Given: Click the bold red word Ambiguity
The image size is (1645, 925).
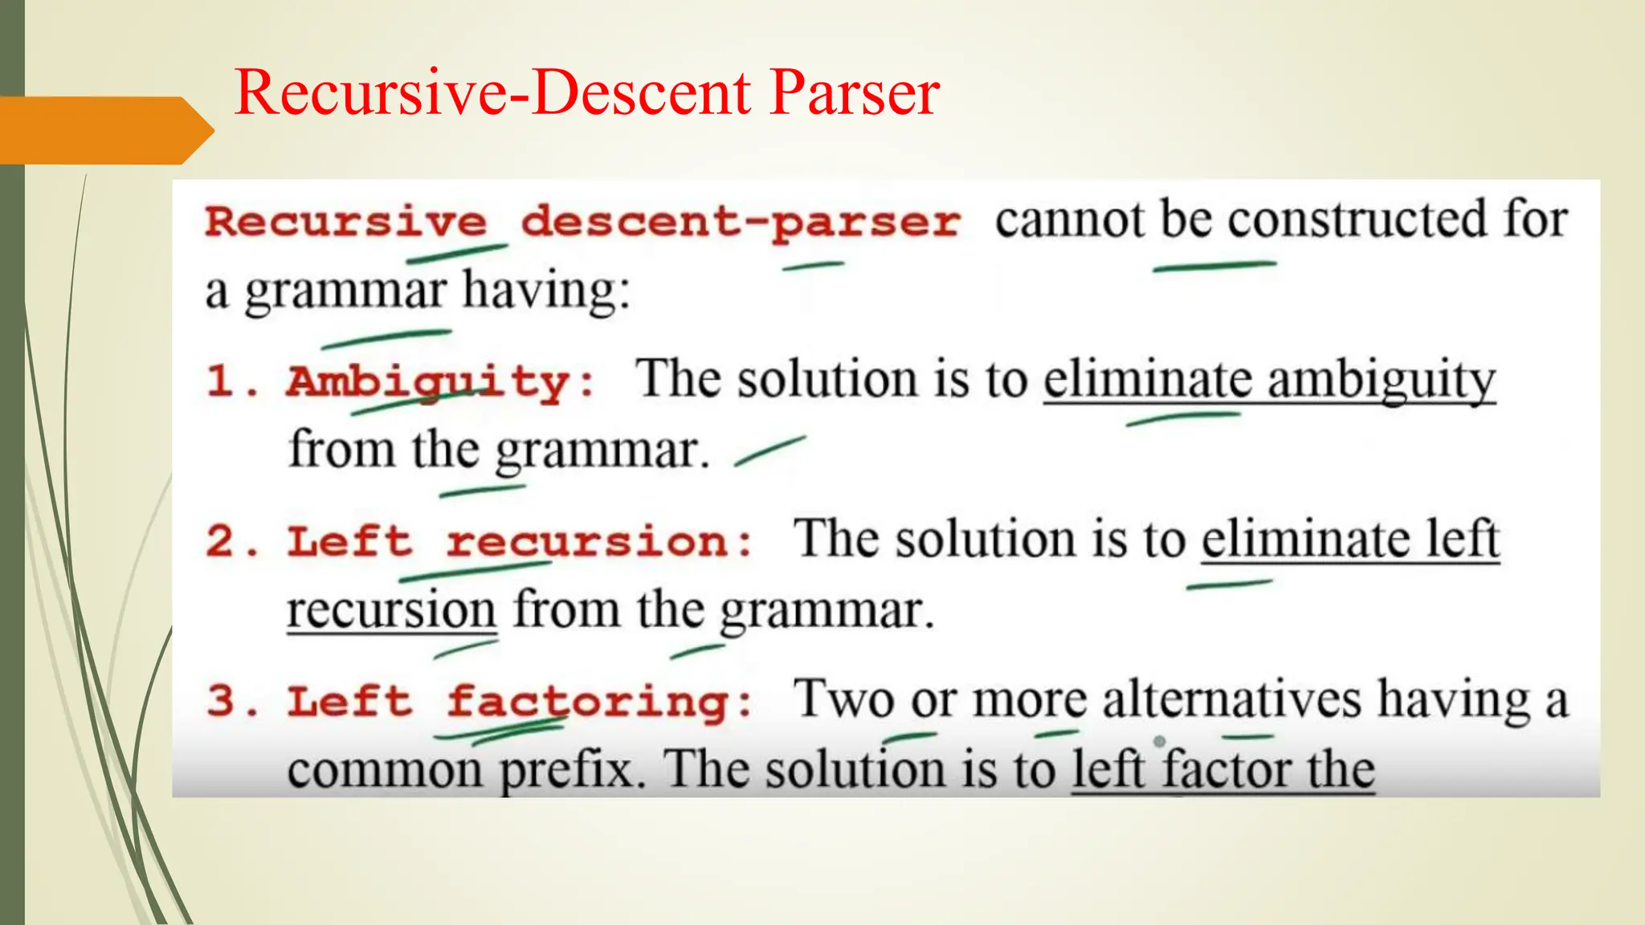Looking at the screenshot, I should click(428, 381).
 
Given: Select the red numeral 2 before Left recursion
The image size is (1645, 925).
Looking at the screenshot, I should click(220, 541).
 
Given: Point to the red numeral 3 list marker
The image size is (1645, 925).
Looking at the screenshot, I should click(220, 701).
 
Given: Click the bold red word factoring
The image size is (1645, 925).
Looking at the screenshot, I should click(587, 701).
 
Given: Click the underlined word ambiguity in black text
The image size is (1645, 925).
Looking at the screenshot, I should click(1382, 380).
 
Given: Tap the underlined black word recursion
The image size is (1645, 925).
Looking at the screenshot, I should click(391, 610).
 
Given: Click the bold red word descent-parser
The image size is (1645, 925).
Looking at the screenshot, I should click(740, 222).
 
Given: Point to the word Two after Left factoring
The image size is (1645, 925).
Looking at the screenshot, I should click(843, 699).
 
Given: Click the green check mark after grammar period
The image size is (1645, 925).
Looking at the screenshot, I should click(769, 451).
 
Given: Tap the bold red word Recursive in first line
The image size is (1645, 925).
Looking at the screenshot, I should click(345, 222).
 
